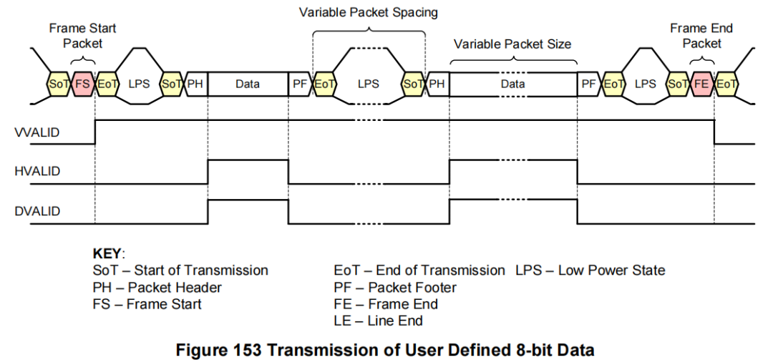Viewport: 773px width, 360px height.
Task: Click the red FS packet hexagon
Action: (83, 84)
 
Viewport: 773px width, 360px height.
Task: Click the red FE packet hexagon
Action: (702, 84)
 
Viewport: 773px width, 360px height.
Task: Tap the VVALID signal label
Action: (37, 133)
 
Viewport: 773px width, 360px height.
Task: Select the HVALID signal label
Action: (37, 172)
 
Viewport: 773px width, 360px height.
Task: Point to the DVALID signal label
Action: (37, 211)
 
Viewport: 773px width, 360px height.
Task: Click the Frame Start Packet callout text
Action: (82, 36)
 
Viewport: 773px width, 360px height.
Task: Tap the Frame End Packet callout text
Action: (701, 36)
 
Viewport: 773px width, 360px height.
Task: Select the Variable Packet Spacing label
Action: (368, 12)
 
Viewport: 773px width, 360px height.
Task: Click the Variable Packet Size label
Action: (512, 44)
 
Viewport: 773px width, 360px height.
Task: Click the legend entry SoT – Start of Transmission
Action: (180, 271)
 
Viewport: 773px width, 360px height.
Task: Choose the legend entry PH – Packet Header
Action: (157, 288)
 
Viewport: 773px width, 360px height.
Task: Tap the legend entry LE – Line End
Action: (378, 321)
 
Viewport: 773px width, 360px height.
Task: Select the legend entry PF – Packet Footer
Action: (395, 288)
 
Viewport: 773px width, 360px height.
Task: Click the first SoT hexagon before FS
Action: (58, 84)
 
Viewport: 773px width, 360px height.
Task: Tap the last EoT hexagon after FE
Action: (726, 84)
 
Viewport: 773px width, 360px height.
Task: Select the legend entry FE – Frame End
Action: (386, 304)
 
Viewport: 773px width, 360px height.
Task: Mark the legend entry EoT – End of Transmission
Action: (419, 271)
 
